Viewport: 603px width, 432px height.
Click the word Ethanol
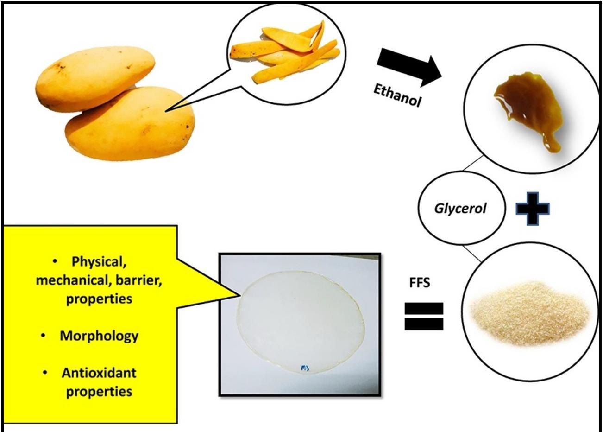coord(397,95)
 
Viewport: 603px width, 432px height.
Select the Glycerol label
coord(460,208)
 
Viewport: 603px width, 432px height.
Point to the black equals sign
coord(424,316)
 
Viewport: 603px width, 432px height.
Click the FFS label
coord(420,282)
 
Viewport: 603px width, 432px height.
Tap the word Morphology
coord(99,336)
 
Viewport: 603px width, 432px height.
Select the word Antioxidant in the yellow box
coord(99,373)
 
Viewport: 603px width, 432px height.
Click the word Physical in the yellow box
coord(99,262)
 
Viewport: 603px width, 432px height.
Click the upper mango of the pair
coord(95,79)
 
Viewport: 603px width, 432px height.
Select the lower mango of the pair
coord(132,123)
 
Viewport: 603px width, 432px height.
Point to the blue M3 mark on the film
coord(305,369)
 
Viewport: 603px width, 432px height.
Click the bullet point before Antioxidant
coord(45,372)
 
